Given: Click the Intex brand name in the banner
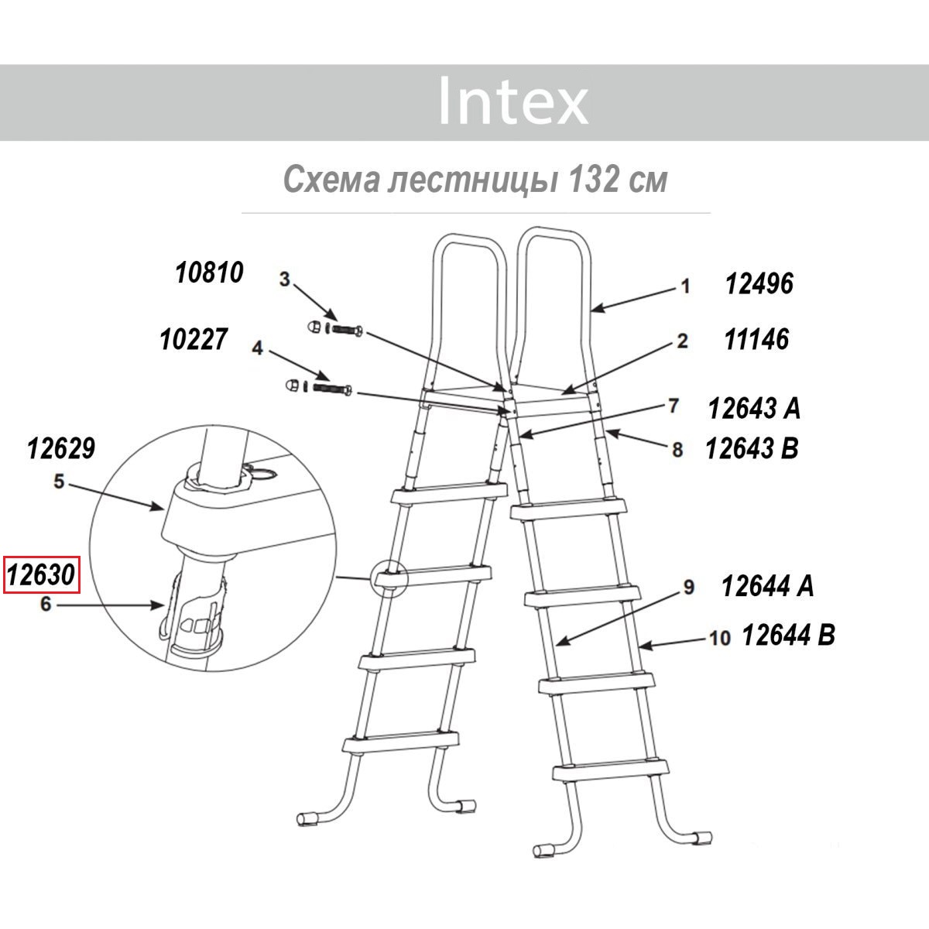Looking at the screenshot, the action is pos(513,101).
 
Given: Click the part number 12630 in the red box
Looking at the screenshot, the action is pos(42,574).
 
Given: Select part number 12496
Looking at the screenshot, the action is pos(759,283).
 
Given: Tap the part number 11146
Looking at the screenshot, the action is pos(756,339).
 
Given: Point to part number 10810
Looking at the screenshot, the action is pos(209,273).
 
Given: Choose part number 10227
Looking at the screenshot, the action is pos(194,339).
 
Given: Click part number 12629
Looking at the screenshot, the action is pos(61,448).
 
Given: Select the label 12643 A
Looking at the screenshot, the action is pos(755,408).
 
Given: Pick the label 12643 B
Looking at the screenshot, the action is pos(752,448).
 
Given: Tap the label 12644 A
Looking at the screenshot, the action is pos(768,586).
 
